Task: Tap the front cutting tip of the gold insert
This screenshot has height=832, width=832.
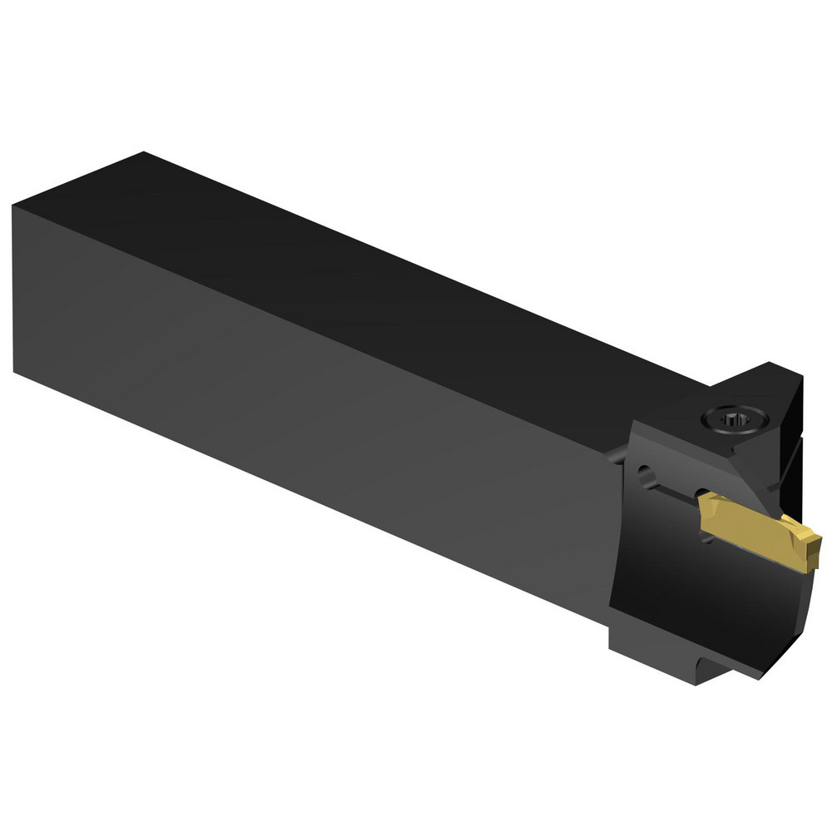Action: pos(817,545)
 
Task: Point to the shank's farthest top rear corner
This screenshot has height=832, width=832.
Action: pos(144,153)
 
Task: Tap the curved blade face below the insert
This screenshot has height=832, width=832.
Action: pos(707,599)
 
